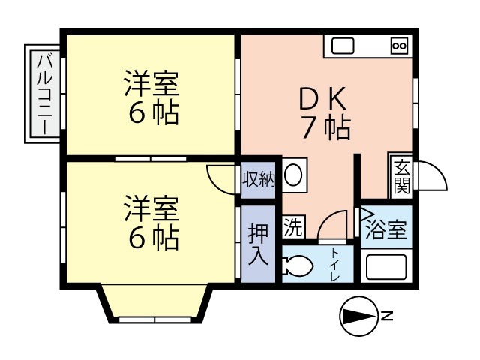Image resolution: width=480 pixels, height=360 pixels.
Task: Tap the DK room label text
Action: (x=323, y=98)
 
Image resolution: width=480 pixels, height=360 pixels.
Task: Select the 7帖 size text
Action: (x=326, y=127)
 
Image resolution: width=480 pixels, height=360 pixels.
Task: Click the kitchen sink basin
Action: (x=343, y=46)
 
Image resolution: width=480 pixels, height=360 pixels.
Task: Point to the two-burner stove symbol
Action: (x=399, y=46)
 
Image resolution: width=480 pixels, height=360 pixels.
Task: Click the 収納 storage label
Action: (x=258, y=180)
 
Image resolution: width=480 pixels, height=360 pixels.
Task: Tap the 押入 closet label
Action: (x=258, y=244)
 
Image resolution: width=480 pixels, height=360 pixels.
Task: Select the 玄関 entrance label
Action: (x=402, y=177)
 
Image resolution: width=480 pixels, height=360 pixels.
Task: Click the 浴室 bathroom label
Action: (x=386, y=229)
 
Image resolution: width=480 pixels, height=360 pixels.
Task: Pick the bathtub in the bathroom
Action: (x=387, y=265)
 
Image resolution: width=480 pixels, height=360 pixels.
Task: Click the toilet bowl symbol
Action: (x=297, y=265)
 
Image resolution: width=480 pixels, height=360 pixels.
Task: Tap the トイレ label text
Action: (x=334, y=265)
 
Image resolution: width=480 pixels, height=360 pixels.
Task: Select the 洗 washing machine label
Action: (x=293, y=226)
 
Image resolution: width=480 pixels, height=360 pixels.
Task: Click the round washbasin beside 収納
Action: (x=294, y=175)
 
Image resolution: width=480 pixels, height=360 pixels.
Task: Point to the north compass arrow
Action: (x=360, y=316)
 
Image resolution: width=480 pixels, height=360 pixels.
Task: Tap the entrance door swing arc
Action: (x=439, y=172)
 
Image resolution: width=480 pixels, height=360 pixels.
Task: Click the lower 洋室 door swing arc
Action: (x=216, y=185)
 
